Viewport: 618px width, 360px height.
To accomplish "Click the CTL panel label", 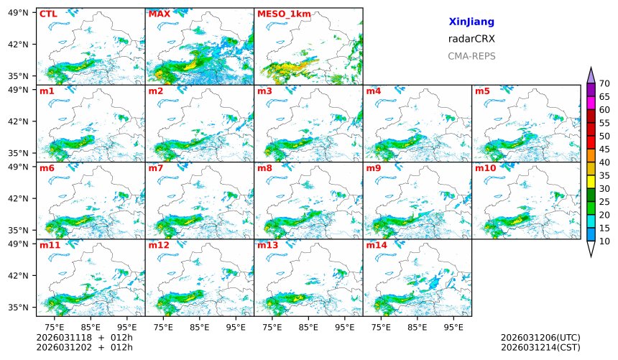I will point(48,14).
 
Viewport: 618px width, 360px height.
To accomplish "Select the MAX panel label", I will point(159,14).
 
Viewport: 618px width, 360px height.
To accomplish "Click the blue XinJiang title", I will point(471,22).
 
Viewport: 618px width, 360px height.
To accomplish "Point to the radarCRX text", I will point(471,39).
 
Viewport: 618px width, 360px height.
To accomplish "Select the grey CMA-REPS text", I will point(471,56).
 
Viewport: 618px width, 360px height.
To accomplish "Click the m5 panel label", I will point(482,91).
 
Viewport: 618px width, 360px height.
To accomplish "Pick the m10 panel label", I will point(485,168).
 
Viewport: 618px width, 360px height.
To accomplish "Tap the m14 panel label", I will point(377,245).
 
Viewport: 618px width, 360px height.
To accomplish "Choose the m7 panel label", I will point(155,168).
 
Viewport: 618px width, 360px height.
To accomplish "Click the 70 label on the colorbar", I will point(604,84).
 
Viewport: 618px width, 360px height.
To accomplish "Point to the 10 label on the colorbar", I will point(604,241).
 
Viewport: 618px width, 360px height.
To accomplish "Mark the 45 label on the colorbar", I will point(604,149).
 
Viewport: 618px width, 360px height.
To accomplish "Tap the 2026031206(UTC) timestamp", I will point(540,337).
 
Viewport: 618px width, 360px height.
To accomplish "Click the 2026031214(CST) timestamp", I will point(540,347).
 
